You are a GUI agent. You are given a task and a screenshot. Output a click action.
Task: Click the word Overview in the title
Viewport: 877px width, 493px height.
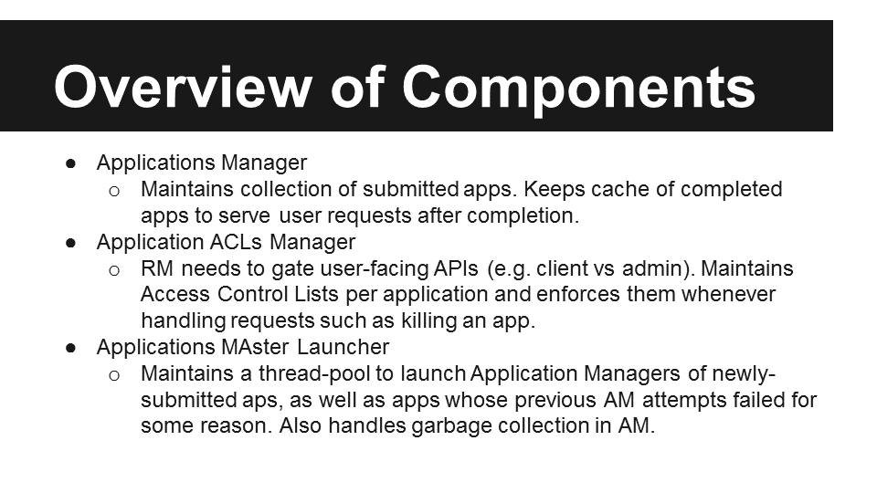coord(183,87)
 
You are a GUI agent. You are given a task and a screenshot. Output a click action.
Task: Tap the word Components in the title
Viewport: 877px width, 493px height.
coord(578,89)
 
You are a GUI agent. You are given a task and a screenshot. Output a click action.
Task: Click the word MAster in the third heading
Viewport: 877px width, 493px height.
coord(256,347)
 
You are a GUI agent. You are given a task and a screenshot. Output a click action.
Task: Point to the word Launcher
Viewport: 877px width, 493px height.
coord(343,347)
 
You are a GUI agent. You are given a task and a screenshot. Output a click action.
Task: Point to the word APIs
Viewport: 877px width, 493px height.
coord(456,268)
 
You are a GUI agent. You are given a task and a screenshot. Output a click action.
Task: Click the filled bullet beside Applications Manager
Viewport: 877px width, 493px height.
coord(70,163)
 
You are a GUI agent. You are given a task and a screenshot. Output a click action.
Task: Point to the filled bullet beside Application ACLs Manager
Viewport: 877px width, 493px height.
coord(70,243)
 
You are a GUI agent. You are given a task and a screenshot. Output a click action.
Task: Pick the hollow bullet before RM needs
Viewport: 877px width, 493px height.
coord(114,271)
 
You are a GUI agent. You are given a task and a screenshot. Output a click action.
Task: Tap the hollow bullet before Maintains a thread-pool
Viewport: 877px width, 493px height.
coord(114,375)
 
